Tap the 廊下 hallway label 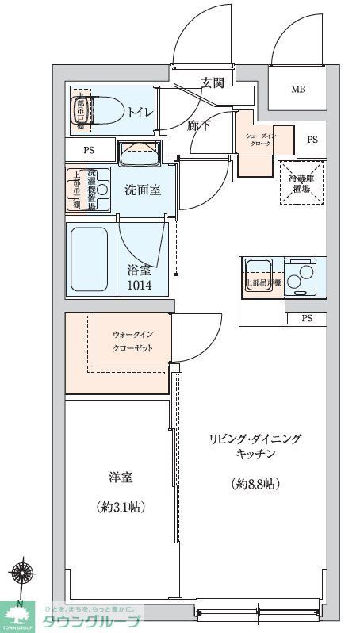coord(199,125)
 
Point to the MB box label coord(297,88)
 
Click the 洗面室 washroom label coord(144,190)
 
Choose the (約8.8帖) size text coord(255,483)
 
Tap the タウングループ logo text coord(91,620)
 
